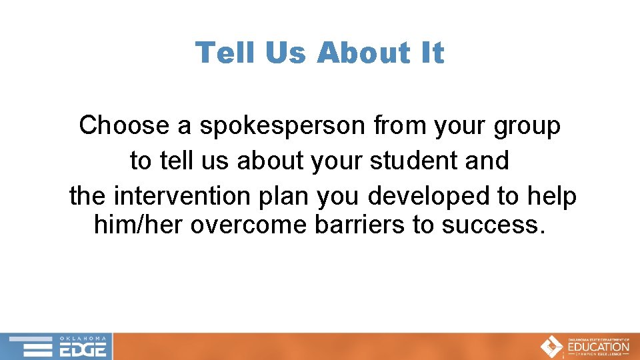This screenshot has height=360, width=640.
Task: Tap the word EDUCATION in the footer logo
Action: pyautogui.click(x=599, y=347)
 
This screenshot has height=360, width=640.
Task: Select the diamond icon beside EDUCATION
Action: pyautogui.click(x=551, y=347)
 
